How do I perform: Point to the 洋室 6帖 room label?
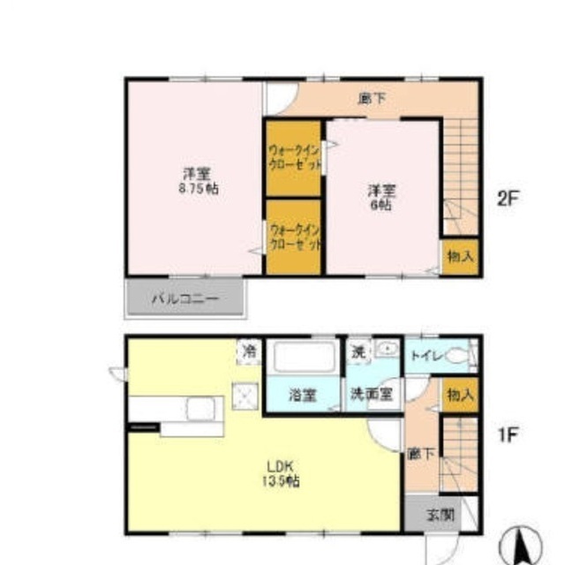click(381, 195)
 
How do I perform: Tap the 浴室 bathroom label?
click(304, 396)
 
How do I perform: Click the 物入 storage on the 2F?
click(460, 257)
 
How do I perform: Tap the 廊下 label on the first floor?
click(421, 454)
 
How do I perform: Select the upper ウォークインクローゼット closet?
click(295, 159)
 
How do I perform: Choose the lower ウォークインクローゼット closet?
click(295, 237)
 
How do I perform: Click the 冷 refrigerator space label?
click(250, 351)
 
